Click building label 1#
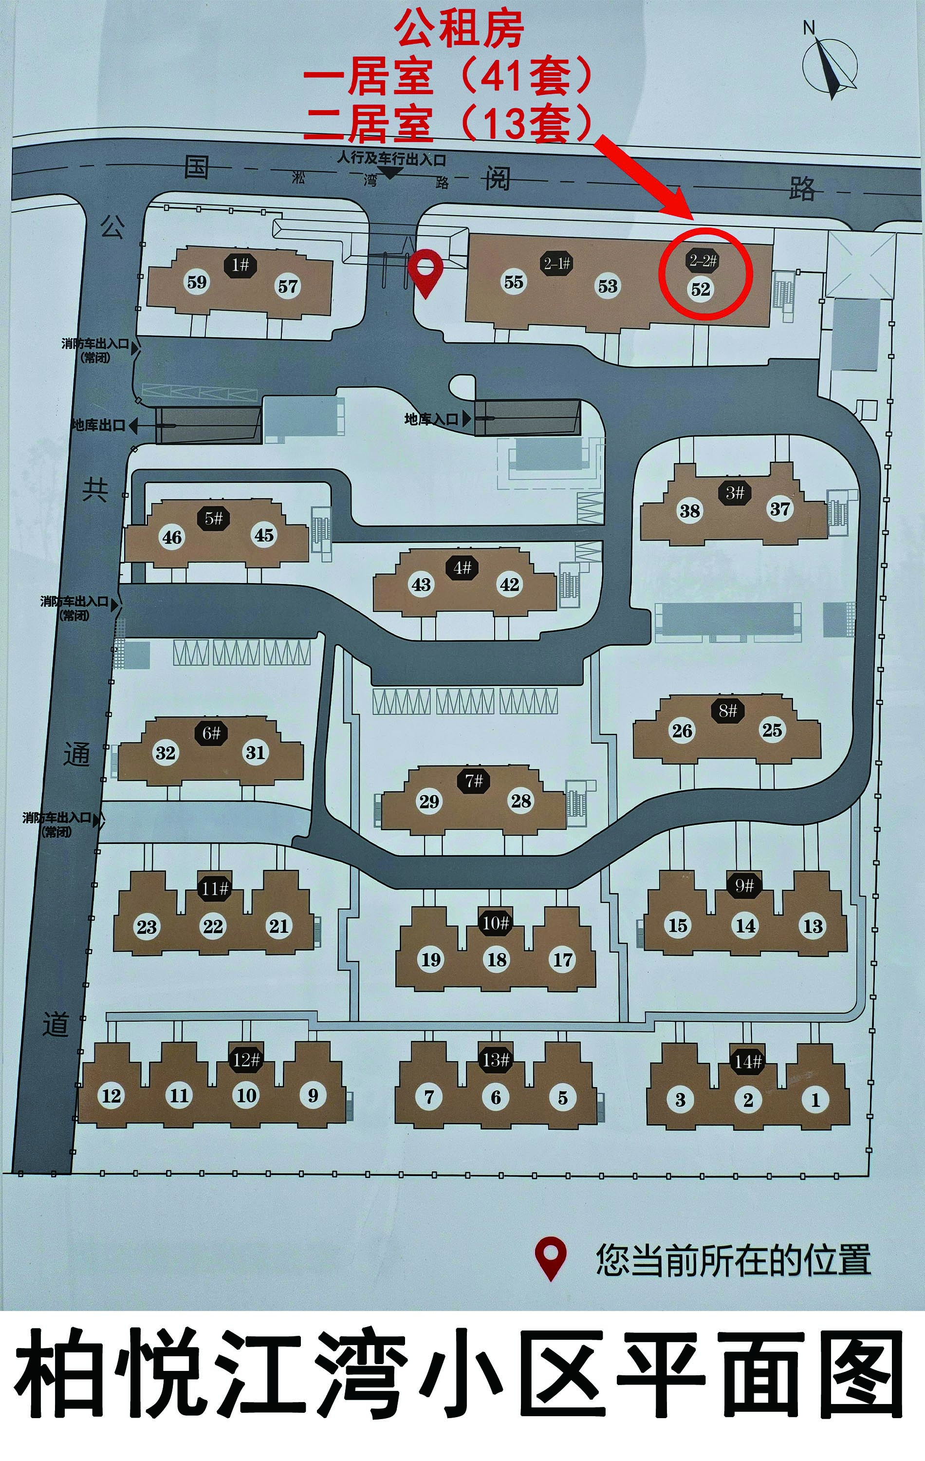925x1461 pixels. [x=241, y=264]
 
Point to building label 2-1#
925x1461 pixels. [x=557, y=263]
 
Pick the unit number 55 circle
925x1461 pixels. [x=514, y=282]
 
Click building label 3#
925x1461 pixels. [x=735, y=492]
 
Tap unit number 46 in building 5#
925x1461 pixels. [x=172, y=537]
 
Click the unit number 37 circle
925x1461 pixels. [x=780, y=508]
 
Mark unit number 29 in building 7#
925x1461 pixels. [x=429, y=802]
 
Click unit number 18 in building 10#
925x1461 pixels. [x=497, y=959]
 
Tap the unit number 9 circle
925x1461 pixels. [x=313, y=1095]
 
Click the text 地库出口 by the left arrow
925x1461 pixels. [x=99, y=425]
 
